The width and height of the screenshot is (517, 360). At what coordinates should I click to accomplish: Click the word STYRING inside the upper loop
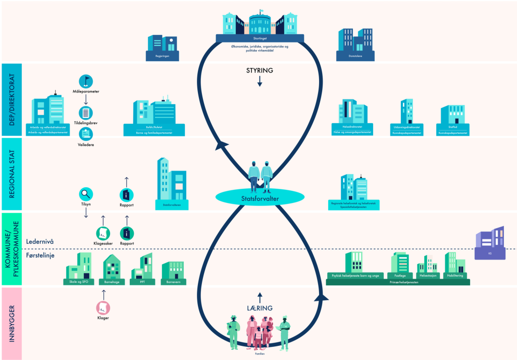260,71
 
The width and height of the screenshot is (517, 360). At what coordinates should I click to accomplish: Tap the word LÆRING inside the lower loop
260,308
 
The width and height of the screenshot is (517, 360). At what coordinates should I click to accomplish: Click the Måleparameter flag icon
86,81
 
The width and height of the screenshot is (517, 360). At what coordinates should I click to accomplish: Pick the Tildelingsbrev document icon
86,113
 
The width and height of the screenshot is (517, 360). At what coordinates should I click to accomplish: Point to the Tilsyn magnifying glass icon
86,193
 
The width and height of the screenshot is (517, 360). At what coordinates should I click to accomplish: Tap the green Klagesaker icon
103,233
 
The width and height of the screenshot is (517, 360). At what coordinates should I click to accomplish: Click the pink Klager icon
103,307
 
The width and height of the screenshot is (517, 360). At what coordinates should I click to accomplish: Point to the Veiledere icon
86,134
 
